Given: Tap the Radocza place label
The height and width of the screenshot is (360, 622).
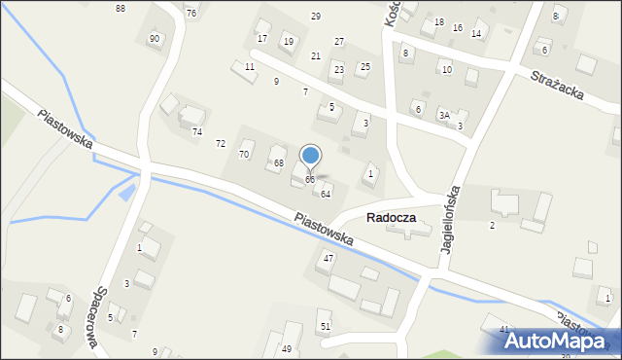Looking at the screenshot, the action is click(391, 218).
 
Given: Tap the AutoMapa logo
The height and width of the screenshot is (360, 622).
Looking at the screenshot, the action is click(563, 341).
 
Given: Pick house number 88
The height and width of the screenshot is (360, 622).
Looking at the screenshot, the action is click(120, 9).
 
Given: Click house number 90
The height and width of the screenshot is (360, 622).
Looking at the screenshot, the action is click(155, 38).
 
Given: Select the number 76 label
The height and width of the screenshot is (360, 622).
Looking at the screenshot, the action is click(190, 13).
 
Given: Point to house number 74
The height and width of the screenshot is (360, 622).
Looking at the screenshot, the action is click(196, 131).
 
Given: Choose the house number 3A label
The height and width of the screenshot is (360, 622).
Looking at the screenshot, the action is click(444, 115).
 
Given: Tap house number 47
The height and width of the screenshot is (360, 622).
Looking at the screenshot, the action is click(328, 258).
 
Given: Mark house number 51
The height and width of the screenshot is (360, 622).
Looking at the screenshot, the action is click(326, 326).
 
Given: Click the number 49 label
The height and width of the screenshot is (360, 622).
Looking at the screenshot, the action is click(287, 349).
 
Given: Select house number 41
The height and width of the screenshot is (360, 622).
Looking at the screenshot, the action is click(504, 330).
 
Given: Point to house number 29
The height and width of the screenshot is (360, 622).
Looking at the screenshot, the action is click(316, 17).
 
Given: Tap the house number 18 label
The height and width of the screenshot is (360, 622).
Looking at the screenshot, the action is click(439, 22).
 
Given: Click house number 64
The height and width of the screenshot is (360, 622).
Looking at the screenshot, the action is click(326, 194).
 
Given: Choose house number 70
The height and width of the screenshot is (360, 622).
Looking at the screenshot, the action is click(244, 155).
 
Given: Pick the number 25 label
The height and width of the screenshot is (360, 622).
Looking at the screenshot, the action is click(364, 67).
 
